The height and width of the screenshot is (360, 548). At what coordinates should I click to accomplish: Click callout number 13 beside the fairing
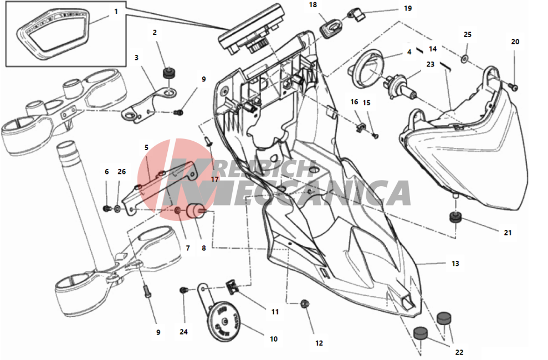455,263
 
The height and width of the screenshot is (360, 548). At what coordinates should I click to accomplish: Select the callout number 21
508,233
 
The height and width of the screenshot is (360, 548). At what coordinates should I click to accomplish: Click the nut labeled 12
305,304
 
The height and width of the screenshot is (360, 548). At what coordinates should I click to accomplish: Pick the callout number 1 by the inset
116,12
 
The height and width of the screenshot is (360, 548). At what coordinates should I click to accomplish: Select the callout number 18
313,5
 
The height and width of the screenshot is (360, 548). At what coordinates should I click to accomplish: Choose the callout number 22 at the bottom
459,352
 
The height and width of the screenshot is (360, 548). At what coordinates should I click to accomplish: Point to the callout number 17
214,179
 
